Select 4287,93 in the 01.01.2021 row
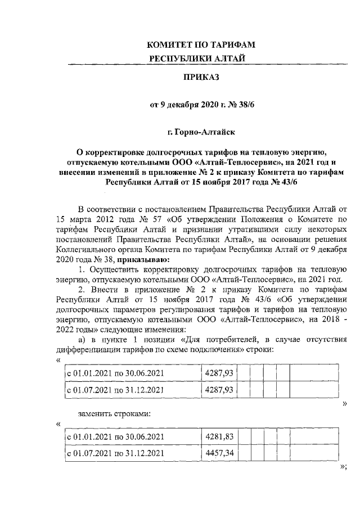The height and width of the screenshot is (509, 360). tap(220, 372)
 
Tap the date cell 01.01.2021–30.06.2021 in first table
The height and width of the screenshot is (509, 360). tap(116, 372)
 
